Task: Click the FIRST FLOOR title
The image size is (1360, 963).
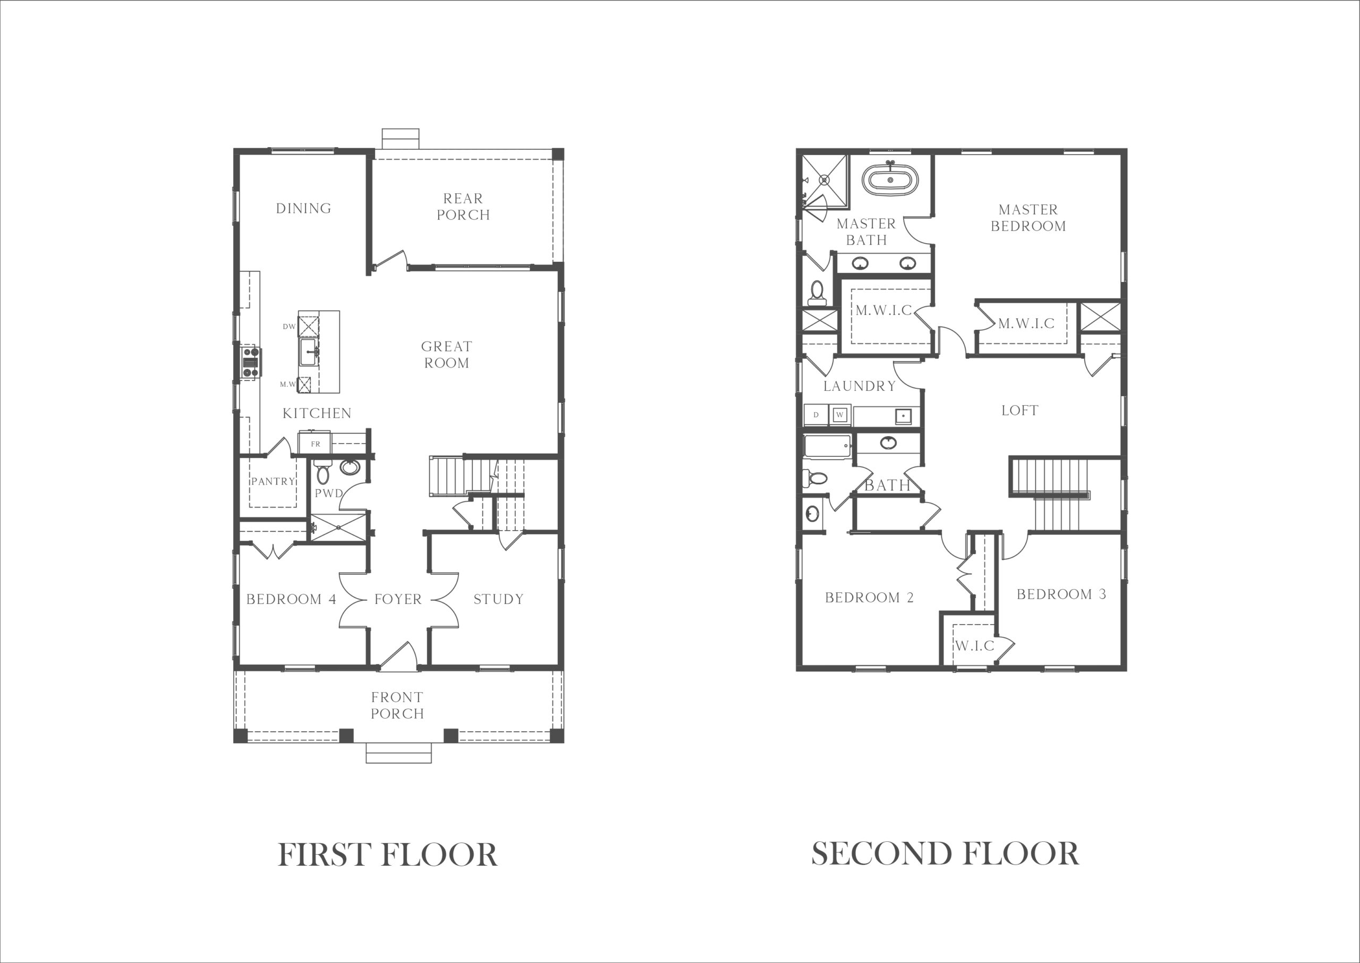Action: pyautogui.click(x=388, y=855)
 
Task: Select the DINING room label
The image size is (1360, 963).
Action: pyautogui.click(x=304, y=208)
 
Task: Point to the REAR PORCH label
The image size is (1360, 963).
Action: pyautogui.click(x=463, y=206)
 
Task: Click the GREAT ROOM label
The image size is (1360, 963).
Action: pyautogui.click(x=447, y=355)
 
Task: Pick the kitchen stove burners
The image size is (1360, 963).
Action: pyautogui.click(x=251, y=362)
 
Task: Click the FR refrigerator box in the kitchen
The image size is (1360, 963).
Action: pyautogui.click(x=315, y=444)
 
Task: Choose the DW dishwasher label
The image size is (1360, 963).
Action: pyautogui.click(x=289, y=326)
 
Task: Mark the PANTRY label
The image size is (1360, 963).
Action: pyautogui.click(x=273, y=481)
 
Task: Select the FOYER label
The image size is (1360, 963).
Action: pyautogui.click(x=398, y=599)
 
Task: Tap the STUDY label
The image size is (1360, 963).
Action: pyautogui.click(x=499, y=599)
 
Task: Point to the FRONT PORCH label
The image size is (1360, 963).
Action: pyautogui.click(x=397, y=705)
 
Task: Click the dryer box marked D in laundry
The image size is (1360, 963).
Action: pyautogui.click(x=816, y=414)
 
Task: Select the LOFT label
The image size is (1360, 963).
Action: pyautogui.click(x=1019, y=411)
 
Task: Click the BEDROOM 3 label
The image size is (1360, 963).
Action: pyautogui.click(x=1061, y=594)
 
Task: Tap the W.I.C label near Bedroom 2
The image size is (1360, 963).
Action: pyautogui.click(x=974, y=645)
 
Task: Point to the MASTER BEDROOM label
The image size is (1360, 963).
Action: pyautogui.click(x=1028, y=218)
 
